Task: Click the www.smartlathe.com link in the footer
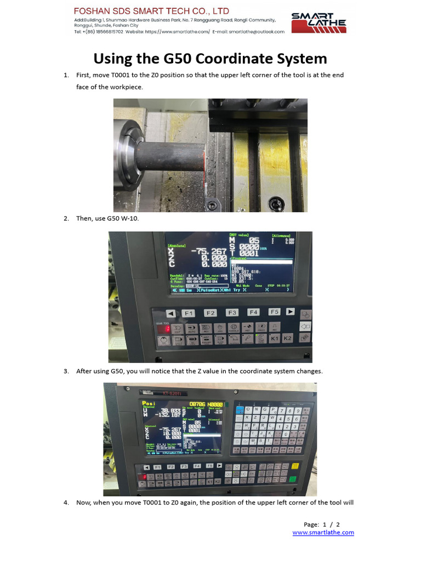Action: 323,533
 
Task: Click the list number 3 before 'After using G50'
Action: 66,371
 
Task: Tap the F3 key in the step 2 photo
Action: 232,313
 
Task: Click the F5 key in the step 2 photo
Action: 274,312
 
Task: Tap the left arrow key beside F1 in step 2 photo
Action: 170,313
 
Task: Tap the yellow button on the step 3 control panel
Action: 295,466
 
